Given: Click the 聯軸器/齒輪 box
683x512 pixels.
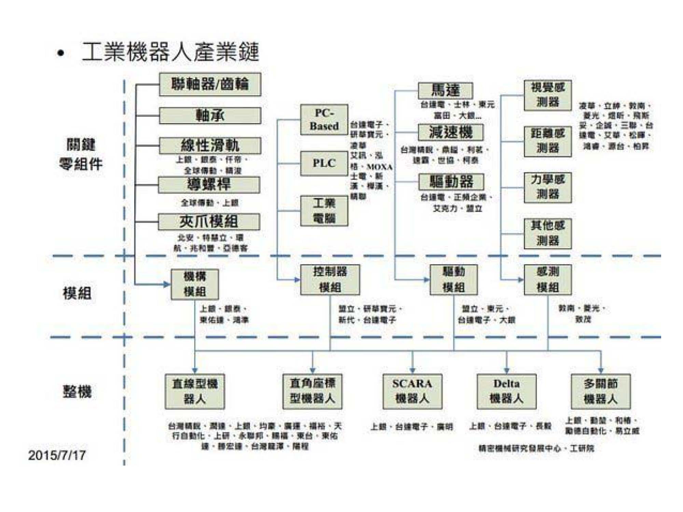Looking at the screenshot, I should tap(210, 84).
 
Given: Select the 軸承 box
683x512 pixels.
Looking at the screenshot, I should tap(210, 116).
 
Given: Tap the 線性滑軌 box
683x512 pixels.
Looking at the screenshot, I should tap(210, 146).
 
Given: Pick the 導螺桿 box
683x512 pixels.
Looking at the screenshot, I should tap(209, 185).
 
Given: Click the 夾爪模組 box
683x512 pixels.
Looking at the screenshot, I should tap(209, 222).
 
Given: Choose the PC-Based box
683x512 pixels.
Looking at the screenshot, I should tap(324, 119).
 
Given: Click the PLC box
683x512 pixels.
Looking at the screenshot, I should tap(324, 163).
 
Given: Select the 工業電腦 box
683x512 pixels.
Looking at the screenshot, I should tap(324, 211).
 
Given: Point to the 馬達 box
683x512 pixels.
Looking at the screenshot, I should tap(445, 90).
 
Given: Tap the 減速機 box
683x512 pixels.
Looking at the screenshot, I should tap(451, 132).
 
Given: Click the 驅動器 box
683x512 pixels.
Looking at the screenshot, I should tap(451, 182).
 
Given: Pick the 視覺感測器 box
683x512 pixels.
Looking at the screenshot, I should tap(548, 95).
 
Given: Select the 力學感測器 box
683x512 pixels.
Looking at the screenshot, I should tap(548, 187).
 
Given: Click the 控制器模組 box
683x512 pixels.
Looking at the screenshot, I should tap(330, 280).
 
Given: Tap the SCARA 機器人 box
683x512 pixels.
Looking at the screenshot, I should tap(412, 391).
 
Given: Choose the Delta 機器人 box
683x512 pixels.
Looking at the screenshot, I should tap(506, 391).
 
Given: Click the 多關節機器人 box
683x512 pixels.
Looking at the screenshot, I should tap(601, 391).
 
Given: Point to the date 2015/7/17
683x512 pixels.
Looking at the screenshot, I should tap(57, 455).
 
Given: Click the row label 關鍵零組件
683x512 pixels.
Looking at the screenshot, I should tap(81, 154).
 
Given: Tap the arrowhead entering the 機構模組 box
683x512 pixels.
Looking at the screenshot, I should tap(167, 284).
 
